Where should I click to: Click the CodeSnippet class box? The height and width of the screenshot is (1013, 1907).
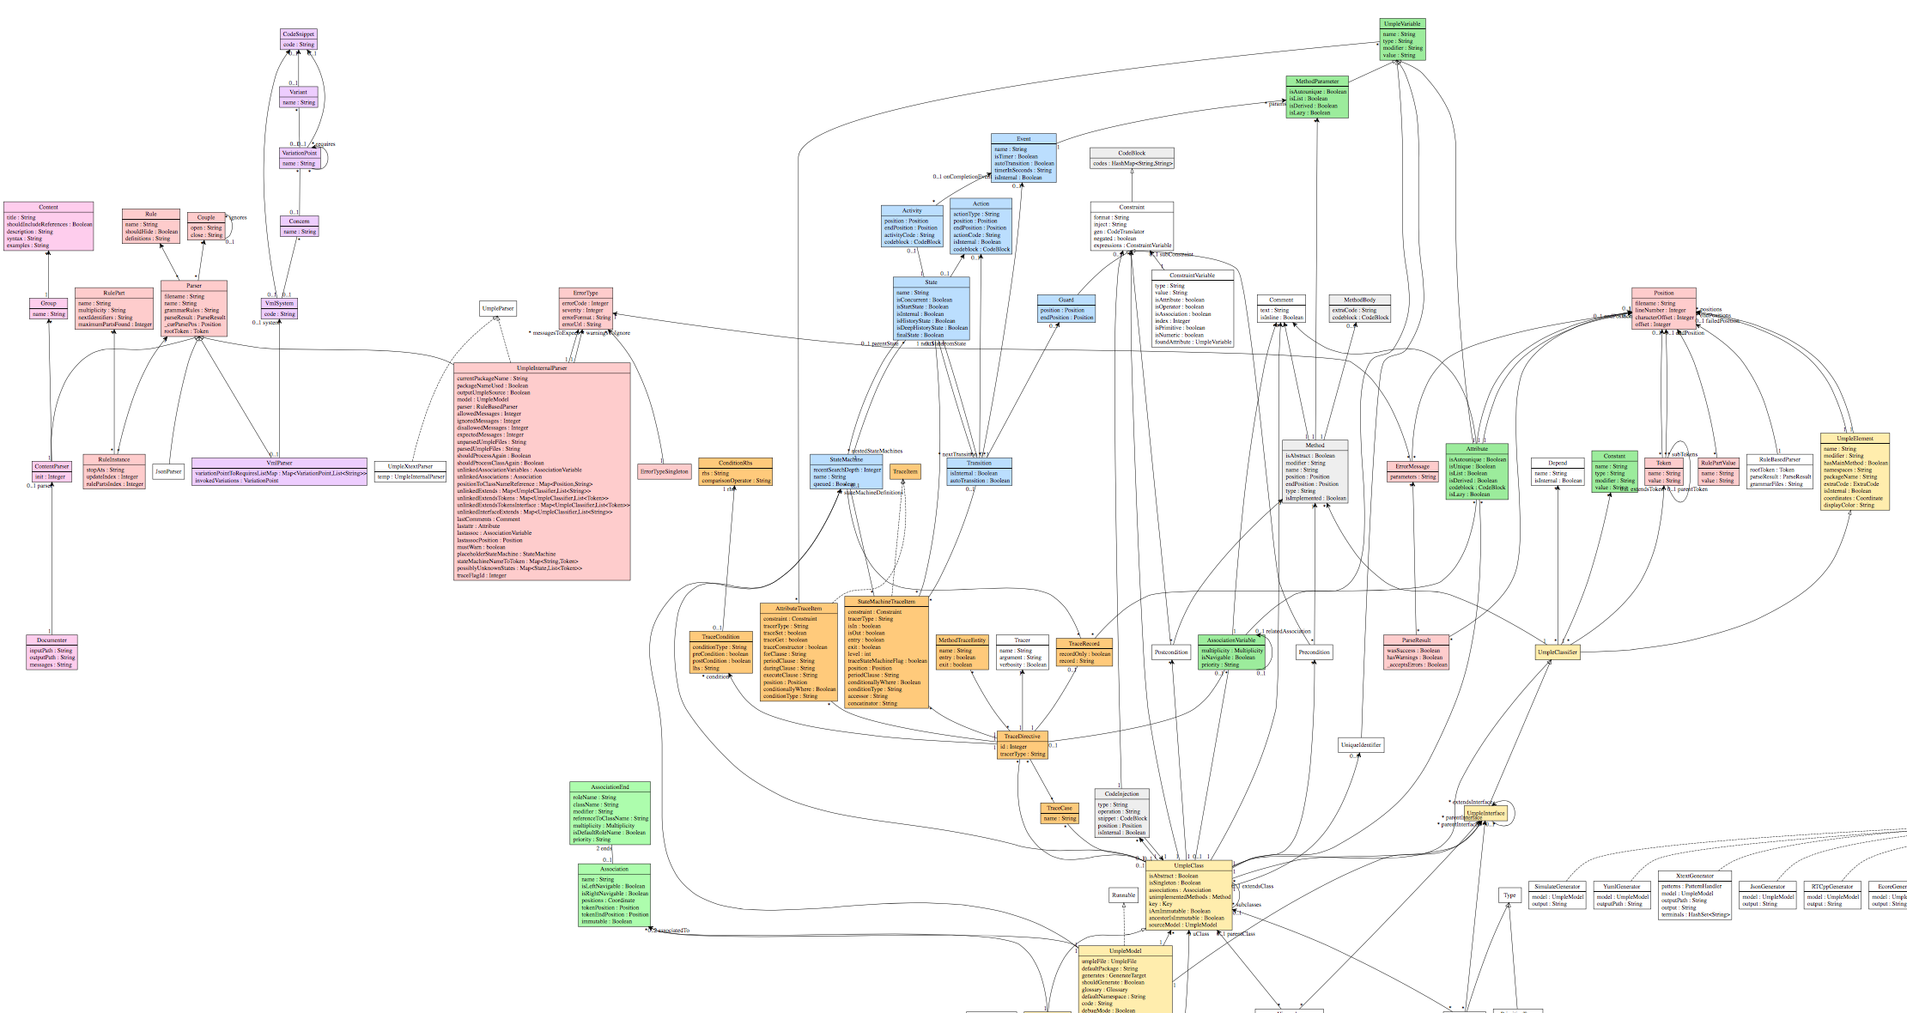[x=298, y=39]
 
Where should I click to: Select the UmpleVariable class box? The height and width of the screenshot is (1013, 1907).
[x=1402, y=39]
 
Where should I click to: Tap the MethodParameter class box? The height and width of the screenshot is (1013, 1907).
[x=1316, y=97]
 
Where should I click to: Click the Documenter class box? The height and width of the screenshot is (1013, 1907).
[x=52, y=652]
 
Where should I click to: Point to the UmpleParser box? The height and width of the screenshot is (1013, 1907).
[x=498, y=308]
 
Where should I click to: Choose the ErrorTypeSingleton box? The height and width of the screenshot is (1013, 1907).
[x=665, y=471]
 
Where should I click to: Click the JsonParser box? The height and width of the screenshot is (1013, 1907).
[x=168, y=471]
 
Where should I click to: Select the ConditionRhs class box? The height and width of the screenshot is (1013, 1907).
[x=735, y=472]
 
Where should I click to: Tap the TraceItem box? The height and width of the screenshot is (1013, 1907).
[x=905, y=471]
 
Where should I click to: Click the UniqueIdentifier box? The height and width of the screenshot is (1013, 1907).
[x=1360, y=744]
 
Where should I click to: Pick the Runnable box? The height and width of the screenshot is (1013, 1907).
[x=1123, y=895]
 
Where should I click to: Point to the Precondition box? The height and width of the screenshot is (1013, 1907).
[x=1314, y=652]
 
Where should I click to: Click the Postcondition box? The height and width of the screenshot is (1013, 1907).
[x=1171, y=652]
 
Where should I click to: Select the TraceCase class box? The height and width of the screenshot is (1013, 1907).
[x=1059, y=813]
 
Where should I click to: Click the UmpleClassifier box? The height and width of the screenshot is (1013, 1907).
[x=1557, y=652]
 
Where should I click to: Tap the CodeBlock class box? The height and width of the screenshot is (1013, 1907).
[x=1132, y=158]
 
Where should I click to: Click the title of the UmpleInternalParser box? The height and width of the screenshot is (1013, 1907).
[x=542, y=368]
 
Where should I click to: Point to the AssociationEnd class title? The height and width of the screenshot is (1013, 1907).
[x=610, y=787]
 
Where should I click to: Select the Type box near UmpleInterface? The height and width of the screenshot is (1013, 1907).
[x=1509, y=895]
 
